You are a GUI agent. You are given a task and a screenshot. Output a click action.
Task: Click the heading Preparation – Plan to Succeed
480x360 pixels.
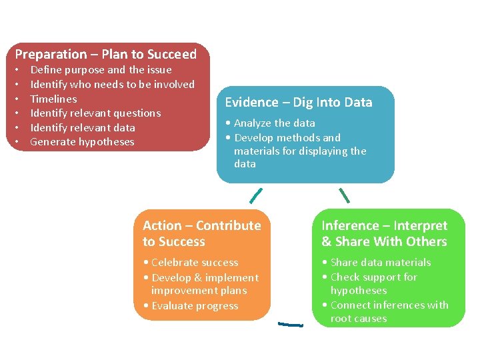click(x=105, y=54)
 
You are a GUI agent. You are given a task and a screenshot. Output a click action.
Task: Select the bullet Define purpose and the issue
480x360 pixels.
click(x=101, y=69)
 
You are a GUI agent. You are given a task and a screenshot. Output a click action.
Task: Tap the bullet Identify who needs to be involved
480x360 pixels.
click(x=112, y=84)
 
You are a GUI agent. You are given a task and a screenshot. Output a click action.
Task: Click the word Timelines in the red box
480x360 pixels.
click(x=53, y=99)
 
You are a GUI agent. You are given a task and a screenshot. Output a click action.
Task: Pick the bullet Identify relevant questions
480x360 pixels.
click(x=95, y=113)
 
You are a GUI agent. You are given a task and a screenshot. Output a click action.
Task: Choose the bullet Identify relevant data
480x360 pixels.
click(x=83, y=127)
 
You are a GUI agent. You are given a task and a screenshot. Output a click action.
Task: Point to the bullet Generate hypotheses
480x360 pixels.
click(x=82, y=141)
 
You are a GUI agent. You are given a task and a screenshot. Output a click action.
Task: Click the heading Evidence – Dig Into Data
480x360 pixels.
click(x=298, y=102)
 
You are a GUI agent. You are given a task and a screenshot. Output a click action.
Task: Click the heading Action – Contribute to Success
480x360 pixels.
click(x=201, y=233)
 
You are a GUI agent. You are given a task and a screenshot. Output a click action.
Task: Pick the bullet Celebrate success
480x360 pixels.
click(x=194, y=262)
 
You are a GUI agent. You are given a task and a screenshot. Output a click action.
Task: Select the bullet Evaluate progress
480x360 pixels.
click(x=194, y=305)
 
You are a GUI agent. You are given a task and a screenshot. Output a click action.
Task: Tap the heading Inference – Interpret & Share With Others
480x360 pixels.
click(x=384, y=233)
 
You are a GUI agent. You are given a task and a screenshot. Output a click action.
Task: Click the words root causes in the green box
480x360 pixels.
click(x=358, y=318)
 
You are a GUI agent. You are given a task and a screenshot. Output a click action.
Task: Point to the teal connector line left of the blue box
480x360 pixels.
click(x=256, y=195)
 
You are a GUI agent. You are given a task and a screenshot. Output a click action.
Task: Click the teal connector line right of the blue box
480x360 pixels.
click(x=344, y=195)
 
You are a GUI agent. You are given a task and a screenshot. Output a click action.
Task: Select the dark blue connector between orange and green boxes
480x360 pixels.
click(x=290, y=325)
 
